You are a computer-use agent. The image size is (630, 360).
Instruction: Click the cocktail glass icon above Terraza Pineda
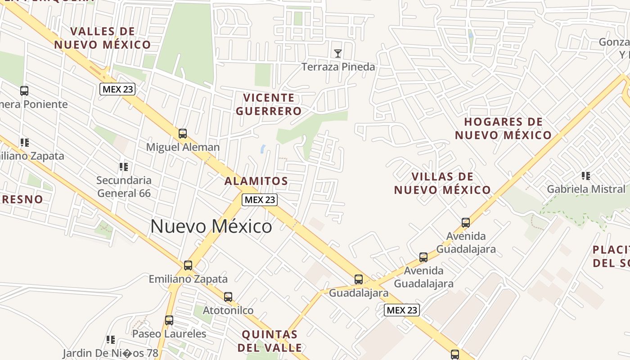point(338,54)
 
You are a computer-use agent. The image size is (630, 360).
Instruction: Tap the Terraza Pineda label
point(338,67)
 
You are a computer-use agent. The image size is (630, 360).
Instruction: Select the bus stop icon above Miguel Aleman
point(182,133)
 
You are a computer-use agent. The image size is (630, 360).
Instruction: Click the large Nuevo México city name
point(211,226)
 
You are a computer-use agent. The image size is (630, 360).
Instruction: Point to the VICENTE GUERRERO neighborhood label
point(269,104)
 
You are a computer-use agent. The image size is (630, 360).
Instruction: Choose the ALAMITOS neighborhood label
point(256,181)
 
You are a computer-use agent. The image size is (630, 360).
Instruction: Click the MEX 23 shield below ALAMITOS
point(259,200)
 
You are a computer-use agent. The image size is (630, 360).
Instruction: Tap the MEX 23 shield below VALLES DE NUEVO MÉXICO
point(117,89)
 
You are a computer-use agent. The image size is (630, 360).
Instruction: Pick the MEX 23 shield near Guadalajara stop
point(402,310)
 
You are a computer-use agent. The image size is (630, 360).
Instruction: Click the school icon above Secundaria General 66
point(124,167)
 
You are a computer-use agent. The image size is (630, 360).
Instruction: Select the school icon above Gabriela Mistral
point(585,175)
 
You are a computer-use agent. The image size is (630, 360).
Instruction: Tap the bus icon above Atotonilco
point(228,297)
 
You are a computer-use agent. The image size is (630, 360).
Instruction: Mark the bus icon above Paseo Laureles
point(169,320)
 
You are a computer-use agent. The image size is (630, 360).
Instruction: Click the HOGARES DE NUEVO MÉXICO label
point(503,129)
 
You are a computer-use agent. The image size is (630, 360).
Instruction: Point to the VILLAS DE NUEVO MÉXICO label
point(442,183)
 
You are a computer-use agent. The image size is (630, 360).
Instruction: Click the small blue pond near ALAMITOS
point(263,148)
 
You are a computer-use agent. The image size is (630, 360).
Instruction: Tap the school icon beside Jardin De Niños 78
point(111,339)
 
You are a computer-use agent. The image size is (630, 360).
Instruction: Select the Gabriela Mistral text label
point(586,189)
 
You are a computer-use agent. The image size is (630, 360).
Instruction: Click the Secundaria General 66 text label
point(124,187)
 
